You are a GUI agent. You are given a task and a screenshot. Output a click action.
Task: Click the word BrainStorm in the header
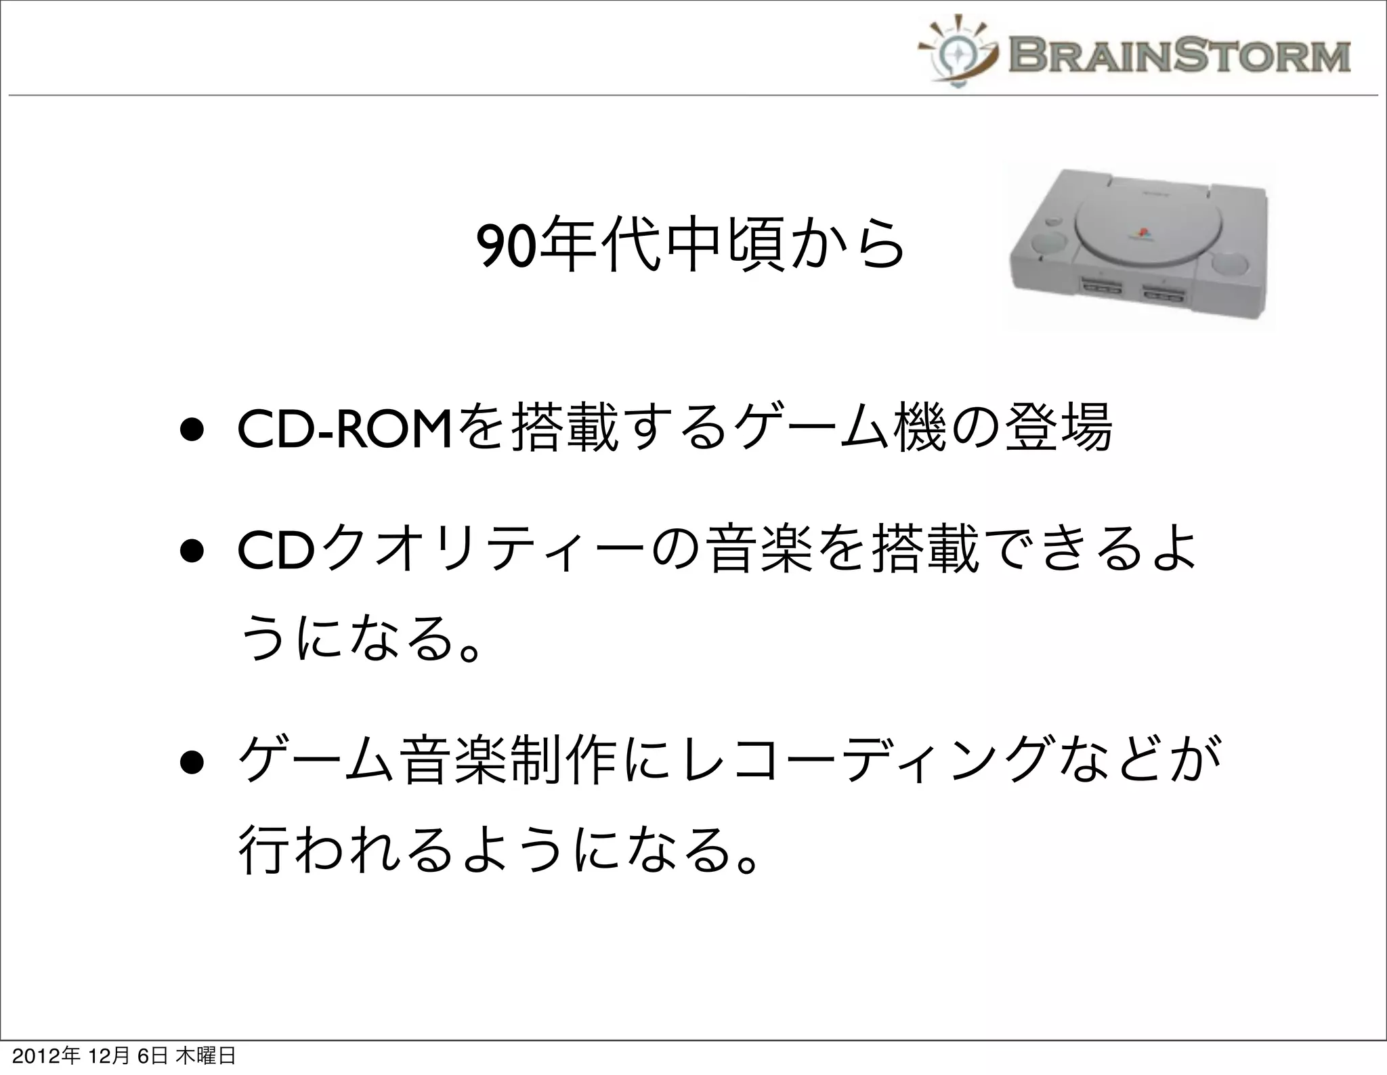click(x=1179, y=56)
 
